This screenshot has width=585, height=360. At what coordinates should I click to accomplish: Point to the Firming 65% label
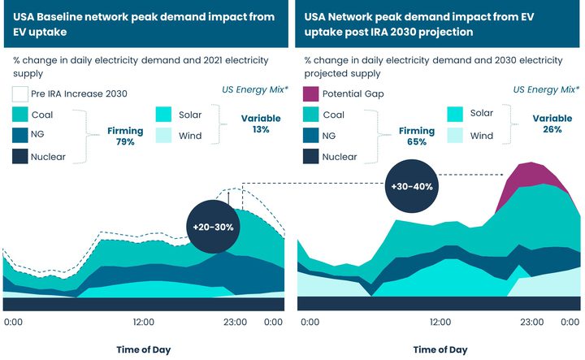[414, 136]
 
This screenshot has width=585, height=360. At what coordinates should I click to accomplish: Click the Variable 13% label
[261, 124]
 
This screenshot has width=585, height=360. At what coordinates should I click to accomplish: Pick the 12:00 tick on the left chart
[144, 323]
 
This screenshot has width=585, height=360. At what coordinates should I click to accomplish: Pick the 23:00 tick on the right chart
[531, 323]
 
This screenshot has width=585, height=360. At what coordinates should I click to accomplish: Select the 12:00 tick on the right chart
[440, 323]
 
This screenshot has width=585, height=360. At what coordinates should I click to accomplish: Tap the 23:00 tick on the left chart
[235, 323]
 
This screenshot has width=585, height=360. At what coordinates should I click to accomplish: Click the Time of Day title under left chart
[143, 349]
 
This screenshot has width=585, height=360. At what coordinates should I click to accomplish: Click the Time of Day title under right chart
[440, 349]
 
